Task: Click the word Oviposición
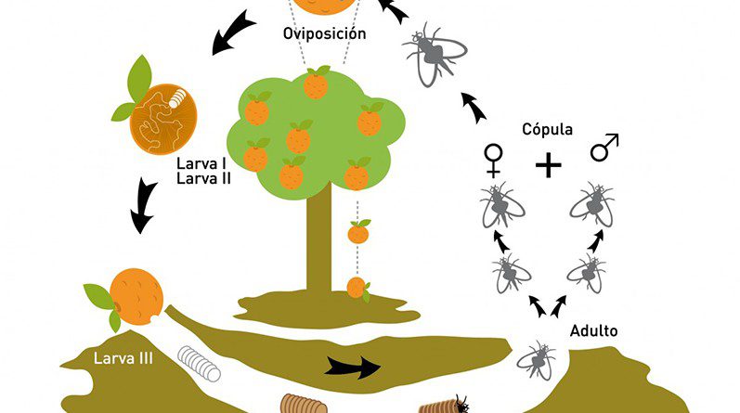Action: pyautogui.click(x=325, y=34)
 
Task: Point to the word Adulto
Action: pyautogui.click(x=594, y=330)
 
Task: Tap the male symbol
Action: pyautogui.click(x=604, y=148)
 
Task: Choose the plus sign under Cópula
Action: pyautogui.click(x=550, y=165)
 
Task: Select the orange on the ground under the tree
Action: pyautogui.click(x=357, y=287)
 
